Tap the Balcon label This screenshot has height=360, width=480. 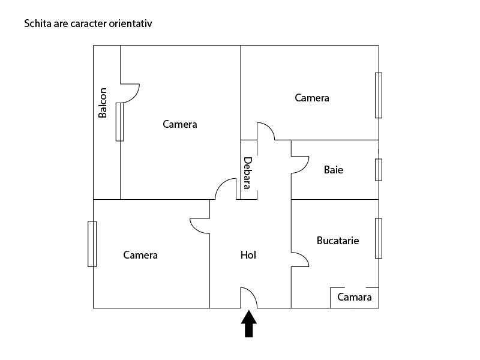tap(103, 103)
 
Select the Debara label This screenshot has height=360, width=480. tap(247, 172)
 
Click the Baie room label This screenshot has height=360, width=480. tap(334, 170)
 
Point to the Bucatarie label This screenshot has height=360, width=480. tap(338, 241)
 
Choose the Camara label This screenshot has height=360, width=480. tap(354, 297)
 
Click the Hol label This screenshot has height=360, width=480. tap(248, 255)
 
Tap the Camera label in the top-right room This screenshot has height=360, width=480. tap(312, 98)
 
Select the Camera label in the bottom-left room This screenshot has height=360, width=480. tap(140, 255)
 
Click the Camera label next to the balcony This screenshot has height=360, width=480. tap(180, 124)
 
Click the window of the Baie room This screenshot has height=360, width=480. tap(379, 169)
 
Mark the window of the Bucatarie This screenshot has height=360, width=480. tap(379, 238)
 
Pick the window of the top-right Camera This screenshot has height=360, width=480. tap(379, 95)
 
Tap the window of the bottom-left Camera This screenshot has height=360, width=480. tap(92, 244)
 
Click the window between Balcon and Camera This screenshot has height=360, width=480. tap(119, 122)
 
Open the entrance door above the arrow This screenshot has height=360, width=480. tap(249, 298)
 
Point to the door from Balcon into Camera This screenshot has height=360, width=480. tap(130, 92)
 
